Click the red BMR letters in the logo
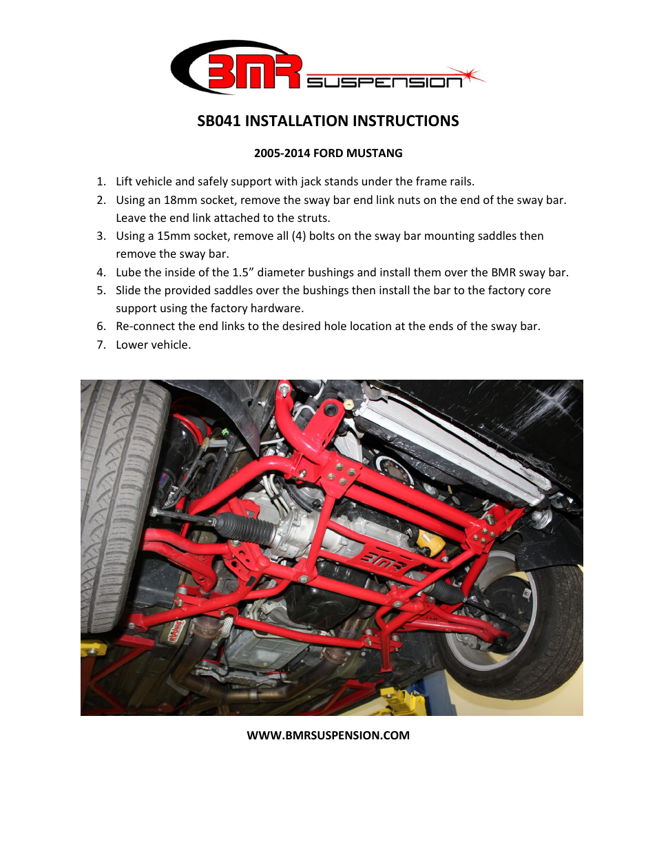pos(253,72)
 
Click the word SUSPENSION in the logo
pos(384,83)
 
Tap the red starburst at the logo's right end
pos(470,74)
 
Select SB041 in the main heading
pos(219,121)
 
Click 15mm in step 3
pos(174,236)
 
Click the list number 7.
pos(101,345)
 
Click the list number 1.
pos(101,181)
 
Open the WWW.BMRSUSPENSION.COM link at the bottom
pos(328,735)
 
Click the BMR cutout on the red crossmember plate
pos(384,562)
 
